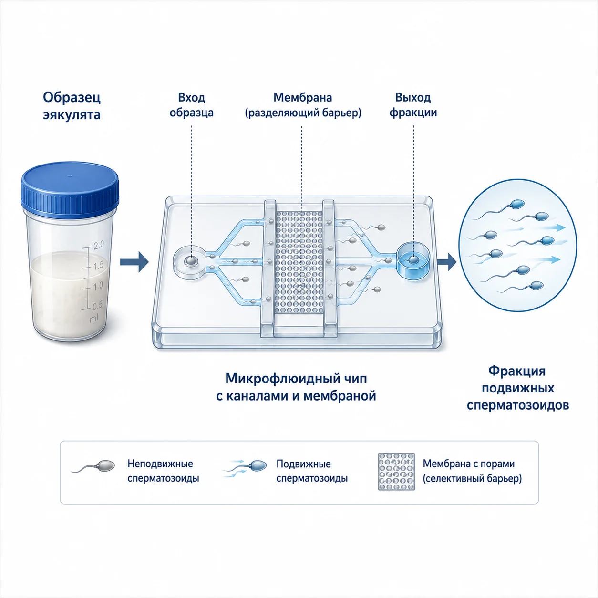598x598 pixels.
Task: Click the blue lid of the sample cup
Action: (70, 189)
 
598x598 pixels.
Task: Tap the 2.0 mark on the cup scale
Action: (98, 245)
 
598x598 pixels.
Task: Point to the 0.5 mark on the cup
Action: (97, 305)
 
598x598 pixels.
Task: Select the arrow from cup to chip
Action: (134, 262)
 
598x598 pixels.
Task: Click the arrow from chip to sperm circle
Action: (446, 262)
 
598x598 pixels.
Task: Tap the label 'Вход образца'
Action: (192, 105)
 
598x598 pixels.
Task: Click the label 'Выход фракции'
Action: (413, 105)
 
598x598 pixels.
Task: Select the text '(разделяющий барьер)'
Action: (303, 113)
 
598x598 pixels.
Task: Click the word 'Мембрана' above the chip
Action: (302, 97)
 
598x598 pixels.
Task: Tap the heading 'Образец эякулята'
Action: (72, 106)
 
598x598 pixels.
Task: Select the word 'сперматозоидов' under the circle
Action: (518, 405)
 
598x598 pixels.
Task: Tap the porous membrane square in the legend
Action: (396, 472)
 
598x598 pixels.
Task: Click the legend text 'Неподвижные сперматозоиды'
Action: (163, 471)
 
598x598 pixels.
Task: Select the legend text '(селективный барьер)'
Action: (472, 479)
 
